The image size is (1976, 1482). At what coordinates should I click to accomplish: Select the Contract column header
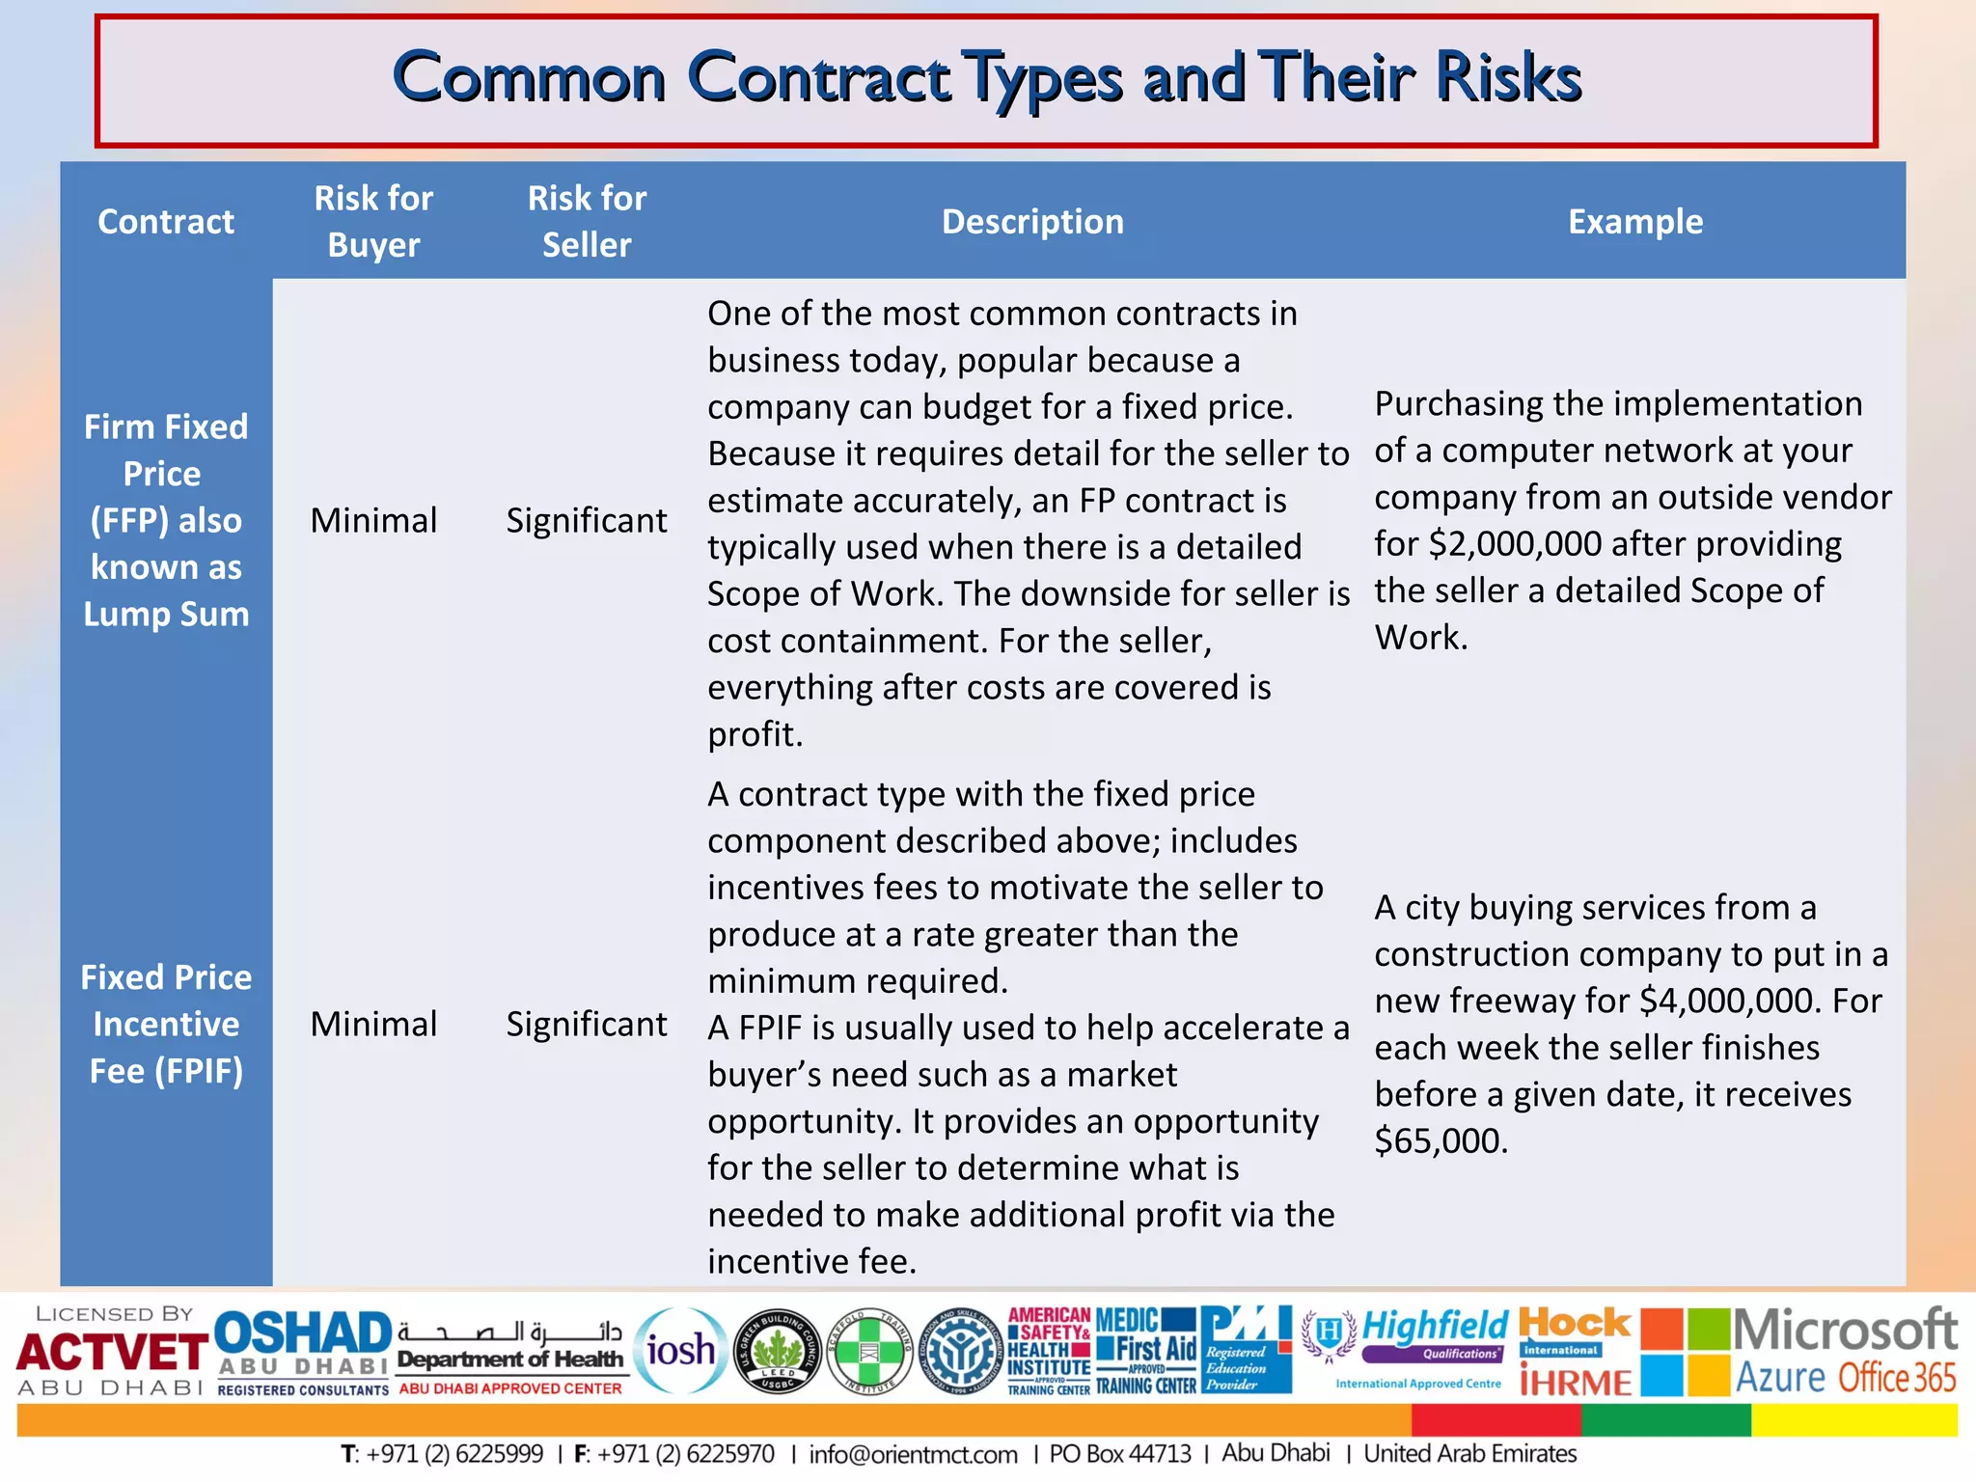(x=166, y=222)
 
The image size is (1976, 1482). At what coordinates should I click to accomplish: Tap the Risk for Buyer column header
(x=373, y=222)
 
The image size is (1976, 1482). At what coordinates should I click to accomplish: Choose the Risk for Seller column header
(x=587, y=222)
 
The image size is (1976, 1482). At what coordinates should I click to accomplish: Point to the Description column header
(x=1032, y=222)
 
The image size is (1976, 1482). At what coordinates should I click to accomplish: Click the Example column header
(x=1635, y=222)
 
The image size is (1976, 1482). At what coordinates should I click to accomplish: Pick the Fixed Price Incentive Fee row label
(x=166, y=1024)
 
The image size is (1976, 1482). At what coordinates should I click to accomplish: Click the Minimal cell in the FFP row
(x=373, y=521)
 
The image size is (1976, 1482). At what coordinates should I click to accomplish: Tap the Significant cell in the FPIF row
(x=587, y=1025)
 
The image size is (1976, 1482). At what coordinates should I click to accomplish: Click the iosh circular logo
(x=681, y=1350)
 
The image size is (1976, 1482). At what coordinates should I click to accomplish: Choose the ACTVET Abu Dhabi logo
(x=111, y=1352)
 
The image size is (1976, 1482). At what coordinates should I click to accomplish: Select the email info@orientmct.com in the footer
(x=913, y=1454)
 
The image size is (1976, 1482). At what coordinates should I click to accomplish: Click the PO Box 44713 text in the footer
(x=1120, y=1454)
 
